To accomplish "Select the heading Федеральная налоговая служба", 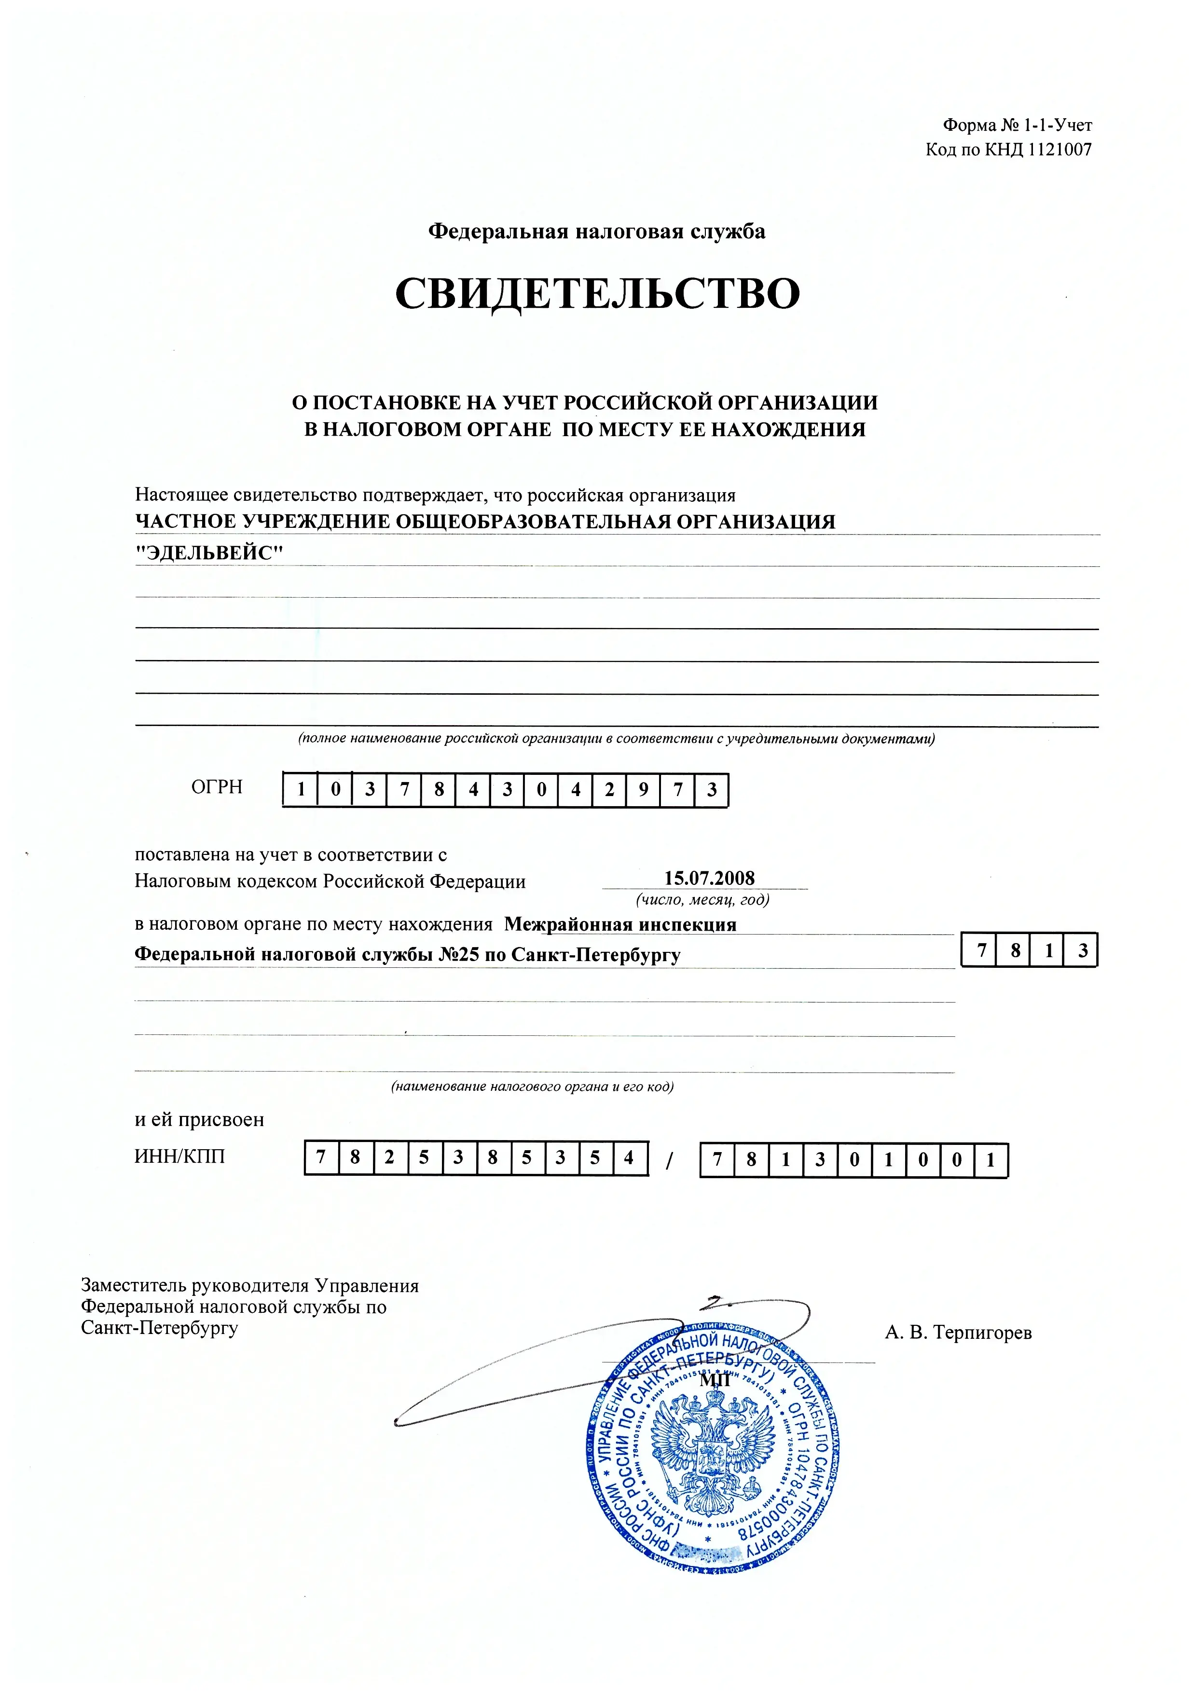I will tap(597, 232).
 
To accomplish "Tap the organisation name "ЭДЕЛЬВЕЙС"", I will tap(209, 553).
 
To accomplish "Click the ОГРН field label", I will tap(217, 787).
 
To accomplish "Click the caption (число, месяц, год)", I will tap(702, 900).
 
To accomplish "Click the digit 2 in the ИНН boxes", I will tap(389, 1158).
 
